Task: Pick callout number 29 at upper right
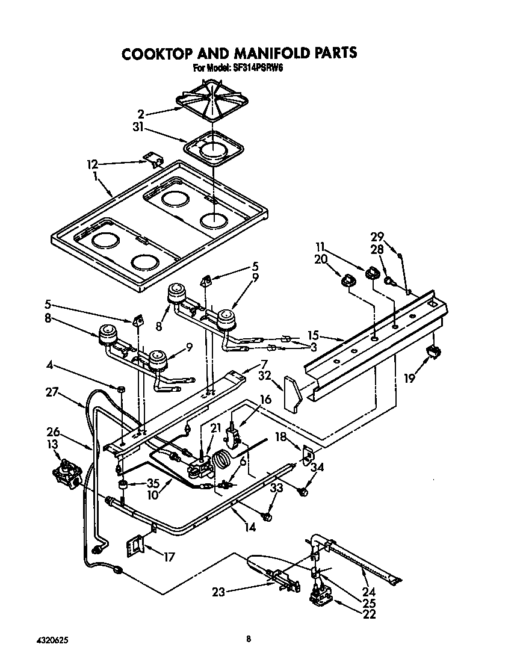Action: point(377,237)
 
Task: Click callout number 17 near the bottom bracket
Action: point(169,557)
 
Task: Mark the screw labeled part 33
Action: point(267,516)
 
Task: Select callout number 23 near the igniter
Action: point(218,592)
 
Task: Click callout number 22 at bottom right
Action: point(369,614)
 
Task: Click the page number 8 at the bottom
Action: point(248,639)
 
